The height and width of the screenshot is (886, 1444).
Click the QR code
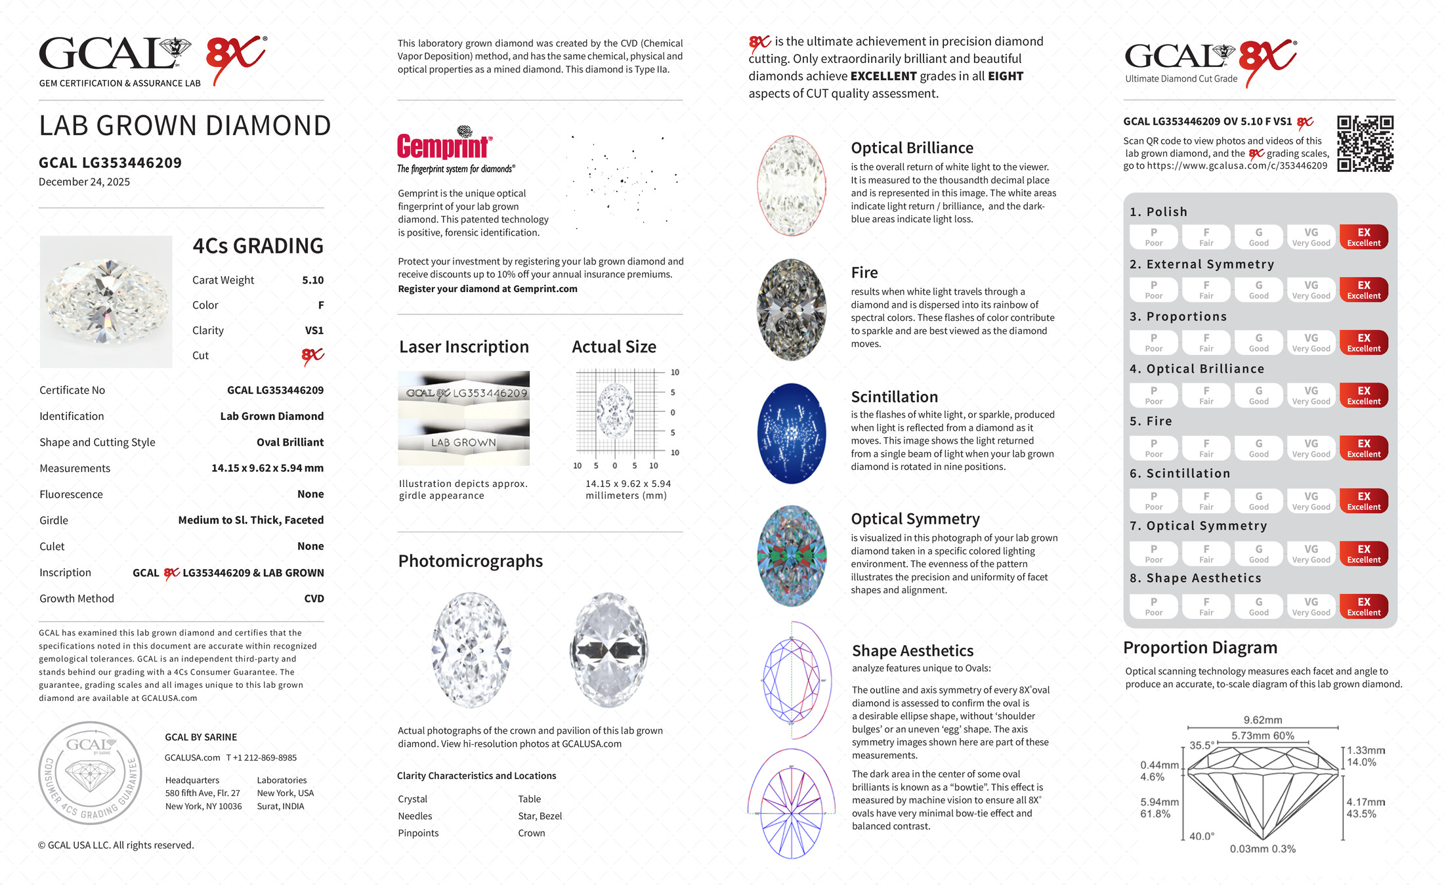click(1365, 144)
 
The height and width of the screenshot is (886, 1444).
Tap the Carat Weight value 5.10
click(312, 280)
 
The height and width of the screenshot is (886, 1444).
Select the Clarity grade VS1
click(314, 331)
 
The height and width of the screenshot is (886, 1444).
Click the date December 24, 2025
click(84, 182)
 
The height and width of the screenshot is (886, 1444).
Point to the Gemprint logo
click(444, 146)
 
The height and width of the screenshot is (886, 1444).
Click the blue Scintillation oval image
click(792, 433)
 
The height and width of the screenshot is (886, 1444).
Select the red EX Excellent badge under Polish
click(1363, 237)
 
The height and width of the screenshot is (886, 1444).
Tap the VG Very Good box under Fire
click(1311, 448)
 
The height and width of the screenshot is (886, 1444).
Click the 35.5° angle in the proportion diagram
click(1201, 746)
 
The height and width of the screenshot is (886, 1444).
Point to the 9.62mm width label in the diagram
click(1262, 720)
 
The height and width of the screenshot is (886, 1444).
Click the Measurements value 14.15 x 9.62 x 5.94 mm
click(267, 469)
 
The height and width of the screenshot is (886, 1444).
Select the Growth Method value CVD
click(314, 599)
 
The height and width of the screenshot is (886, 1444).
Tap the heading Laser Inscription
click(463, 347)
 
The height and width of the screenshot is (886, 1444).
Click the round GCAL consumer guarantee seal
click(90, 772)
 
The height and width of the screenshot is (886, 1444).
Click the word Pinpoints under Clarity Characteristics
click(418, 833)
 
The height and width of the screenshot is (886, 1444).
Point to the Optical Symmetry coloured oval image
click(792, 556)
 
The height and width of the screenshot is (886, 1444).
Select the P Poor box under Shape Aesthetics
click(1153, 606)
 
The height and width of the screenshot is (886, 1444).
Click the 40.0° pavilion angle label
click(1201, 836)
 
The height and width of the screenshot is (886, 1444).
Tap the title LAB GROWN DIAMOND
click(184, 126)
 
